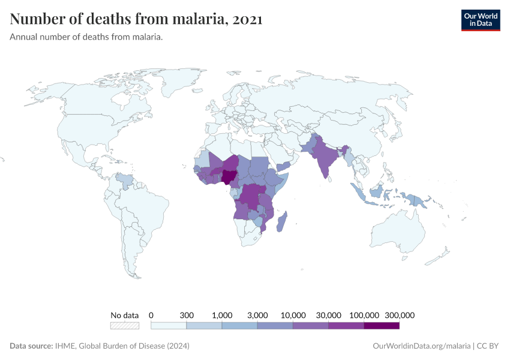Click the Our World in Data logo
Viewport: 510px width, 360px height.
(x=480, y=19)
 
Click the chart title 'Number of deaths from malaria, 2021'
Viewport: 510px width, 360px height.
(x=136, y=19)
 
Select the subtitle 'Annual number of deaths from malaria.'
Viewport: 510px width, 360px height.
(x=86, y=37)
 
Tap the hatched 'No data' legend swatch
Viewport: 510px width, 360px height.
(x=124, y=326)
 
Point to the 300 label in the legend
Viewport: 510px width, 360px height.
(x=187, y=315)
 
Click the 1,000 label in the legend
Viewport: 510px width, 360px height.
(x=222, y=315)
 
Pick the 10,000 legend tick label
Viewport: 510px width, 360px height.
(x=293, y=315)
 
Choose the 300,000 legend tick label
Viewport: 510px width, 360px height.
(x=400, y=315)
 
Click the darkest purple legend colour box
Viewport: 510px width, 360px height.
(x=382, y=326)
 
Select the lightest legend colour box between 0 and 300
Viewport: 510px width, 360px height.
(x=169, y=326)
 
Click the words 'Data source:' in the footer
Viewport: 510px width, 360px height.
(x=31, y=346)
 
